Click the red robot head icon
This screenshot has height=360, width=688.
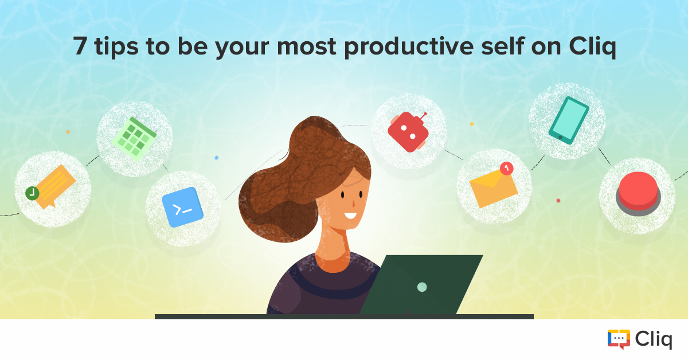408,132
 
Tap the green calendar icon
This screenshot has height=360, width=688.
135,139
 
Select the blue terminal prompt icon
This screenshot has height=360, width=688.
182,208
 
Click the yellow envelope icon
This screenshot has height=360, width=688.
493,188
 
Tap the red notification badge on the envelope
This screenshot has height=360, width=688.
506,169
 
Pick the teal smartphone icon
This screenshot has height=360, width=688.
569,120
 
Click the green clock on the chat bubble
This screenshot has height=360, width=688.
32,193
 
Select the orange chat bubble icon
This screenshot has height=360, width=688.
54,187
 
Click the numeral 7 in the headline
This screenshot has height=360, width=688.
80,46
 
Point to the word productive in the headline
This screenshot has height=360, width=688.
409,46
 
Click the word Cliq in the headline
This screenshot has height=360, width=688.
592,46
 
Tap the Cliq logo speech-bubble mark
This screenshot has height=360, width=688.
619,339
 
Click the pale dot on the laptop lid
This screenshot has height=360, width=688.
422,287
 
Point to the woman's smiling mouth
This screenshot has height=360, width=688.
350,216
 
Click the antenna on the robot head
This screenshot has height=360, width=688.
424,116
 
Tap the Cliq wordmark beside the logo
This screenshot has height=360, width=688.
654,340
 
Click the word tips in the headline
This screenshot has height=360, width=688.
116,46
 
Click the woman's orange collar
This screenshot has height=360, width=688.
333,264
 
